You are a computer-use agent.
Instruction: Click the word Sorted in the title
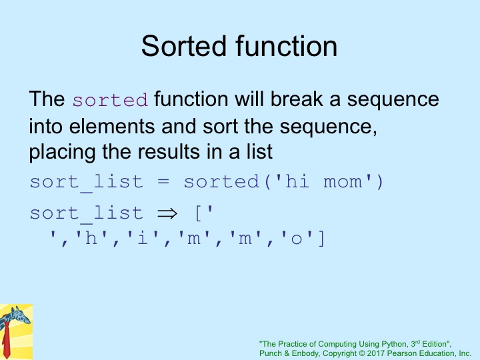click(x=185, y=46)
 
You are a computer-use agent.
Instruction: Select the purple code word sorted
click(x=110, y=100)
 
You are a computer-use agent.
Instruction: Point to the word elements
click(x=112, y=126)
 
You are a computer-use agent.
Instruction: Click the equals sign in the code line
click(x=163, y=182)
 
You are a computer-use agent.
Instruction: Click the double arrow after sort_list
click(x=167, y=213)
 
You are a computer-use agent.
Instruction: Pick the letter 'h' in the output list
click(x=91, y=238)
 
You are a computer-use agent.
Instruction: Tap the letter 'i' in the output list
click(x=142, y=238)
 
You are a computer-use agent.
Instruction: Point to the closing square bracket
click(x=321, y=239)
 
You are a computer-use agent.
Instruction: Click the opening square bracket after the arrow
click(x=198, y=213)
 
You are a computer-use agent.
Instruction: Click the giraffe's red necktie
click(x=6, y=340)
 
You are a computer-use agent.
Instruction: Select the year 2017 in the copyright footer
click(x=375, y=353)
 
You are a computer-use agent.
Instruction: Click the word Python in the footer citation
click(x=397, y=344)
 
